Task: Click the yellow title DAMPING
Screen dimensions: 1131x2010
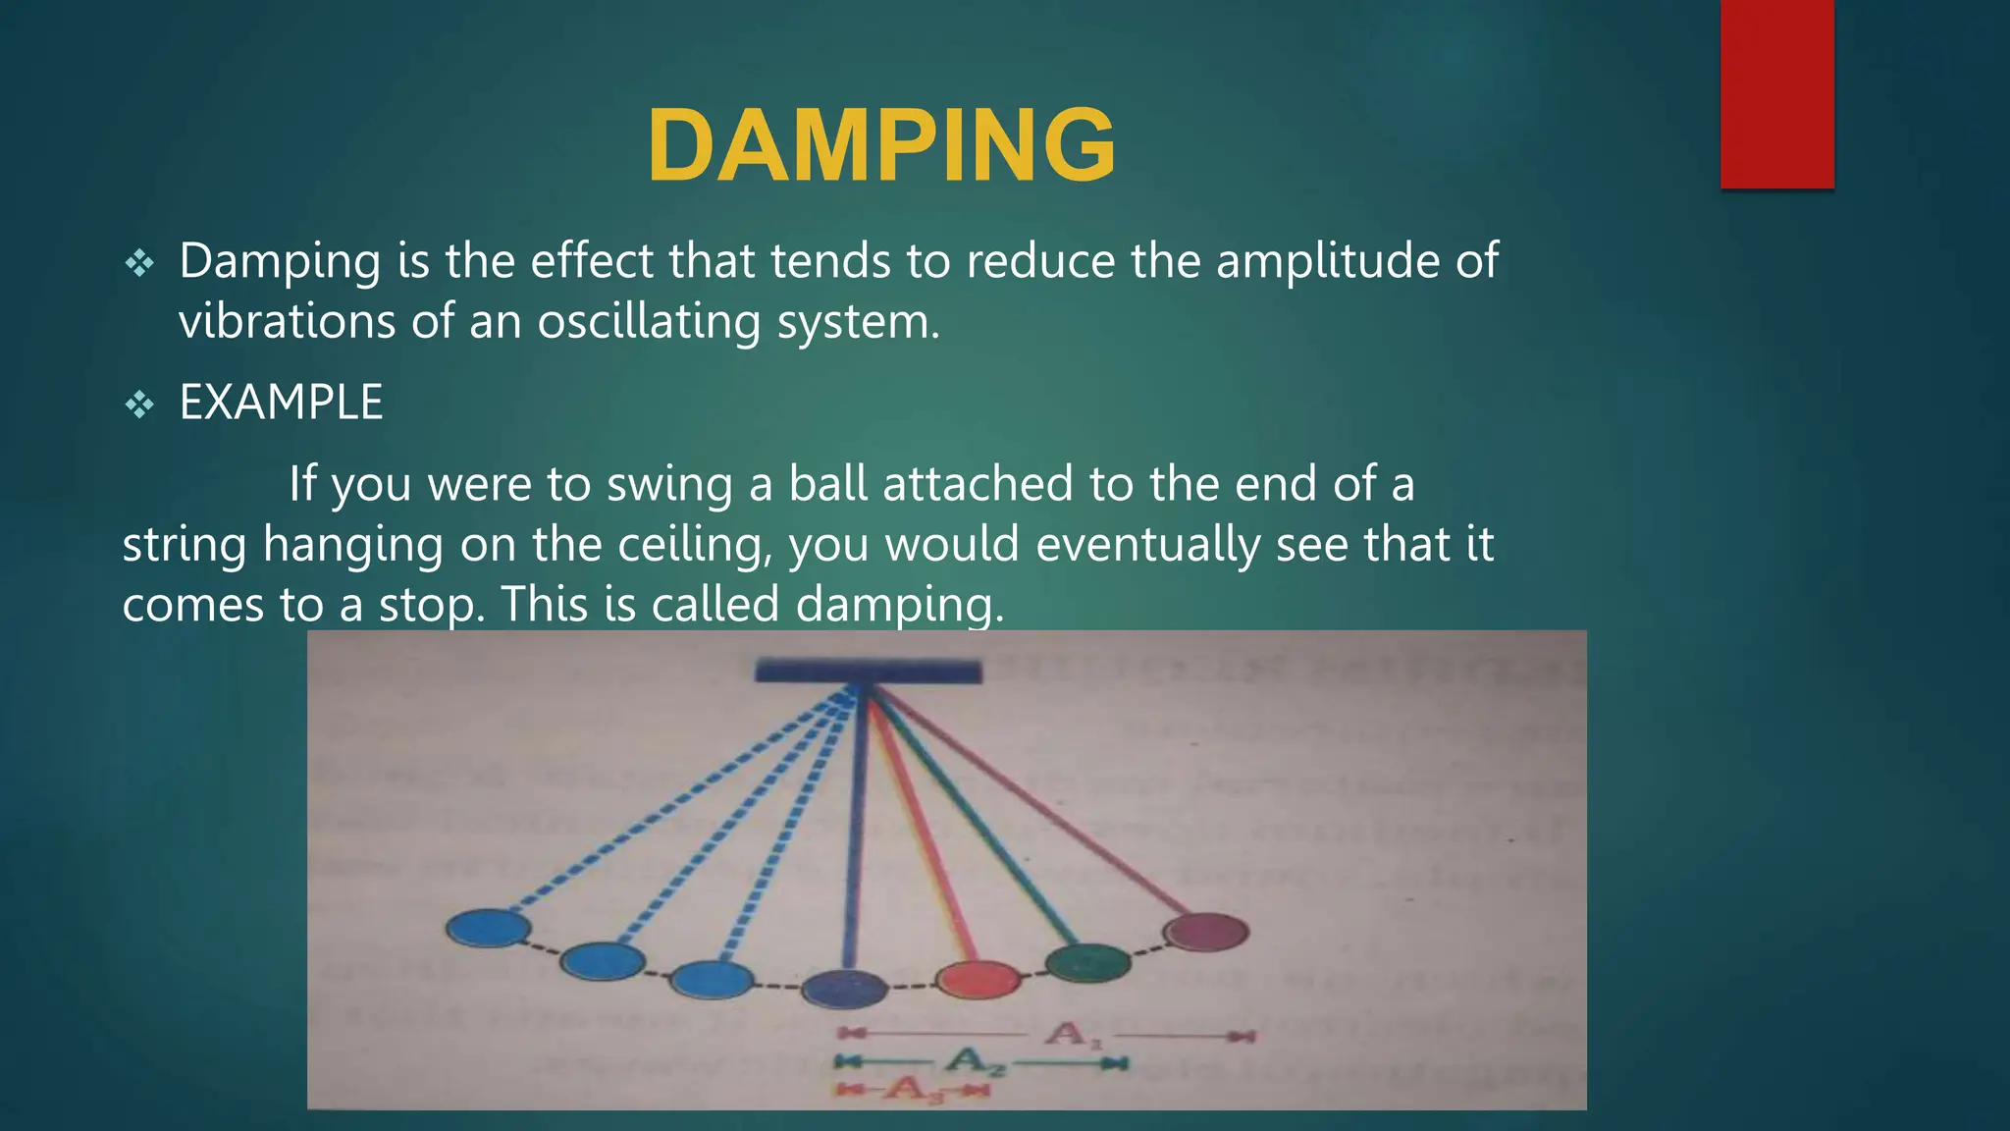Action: (x=881, y=146)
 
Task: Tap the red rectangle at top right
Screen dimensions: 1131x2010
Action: (x=1776, y=94)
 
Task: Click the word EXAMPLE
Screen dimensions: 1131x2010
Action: (x=281, y=403)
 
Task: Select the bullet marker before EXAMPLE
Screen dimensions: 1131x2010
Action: (x=139, y=404)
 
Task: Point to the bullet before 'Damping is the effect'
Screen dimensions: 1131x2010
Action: (x=139, y=262)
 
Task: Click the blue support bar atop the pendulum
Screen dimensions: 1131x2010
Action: (x=868, y=672)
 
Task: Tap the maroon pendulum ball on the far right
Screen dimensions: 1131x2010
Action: (x=1205, y=932)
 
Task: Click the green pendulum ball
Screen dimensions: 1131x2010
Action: (x=1087, y=962)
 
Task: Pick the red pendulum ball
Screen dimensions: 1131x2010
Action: (x=978, y=979)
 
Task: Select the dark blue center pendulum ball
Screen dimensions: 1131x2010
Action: (x=844, y=988)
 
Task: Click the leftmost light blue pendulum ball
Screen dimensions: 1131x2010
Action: (x=488, y=928)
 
